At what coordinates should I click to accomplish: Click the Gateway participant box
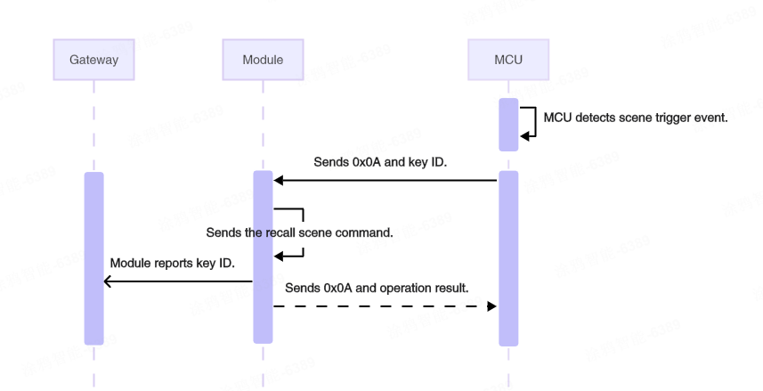click(93, 60)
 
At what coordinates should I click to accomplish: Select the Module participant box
click(263, 60)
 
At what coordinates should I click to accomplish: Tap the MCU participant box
click(507, 60)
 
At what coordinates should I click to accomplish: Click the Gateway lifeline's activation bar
click(93, 257)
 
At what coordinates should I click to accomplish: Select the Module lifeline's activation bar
click(263, 257)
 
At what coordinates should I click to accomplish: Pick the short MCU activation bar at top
click(507, 125)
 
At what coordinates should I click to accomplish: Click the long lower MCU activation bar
click(507, 257)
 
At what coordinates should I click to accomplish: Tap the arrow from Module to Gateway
click(178, 281)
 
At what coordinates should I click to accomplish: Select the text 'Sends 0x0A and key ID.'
click(380, 163)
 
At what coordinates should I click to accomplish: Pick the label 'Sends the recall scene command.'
click(299, 233)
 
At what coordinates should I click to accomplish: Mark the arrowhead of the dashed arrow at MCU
click(491, 305)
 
